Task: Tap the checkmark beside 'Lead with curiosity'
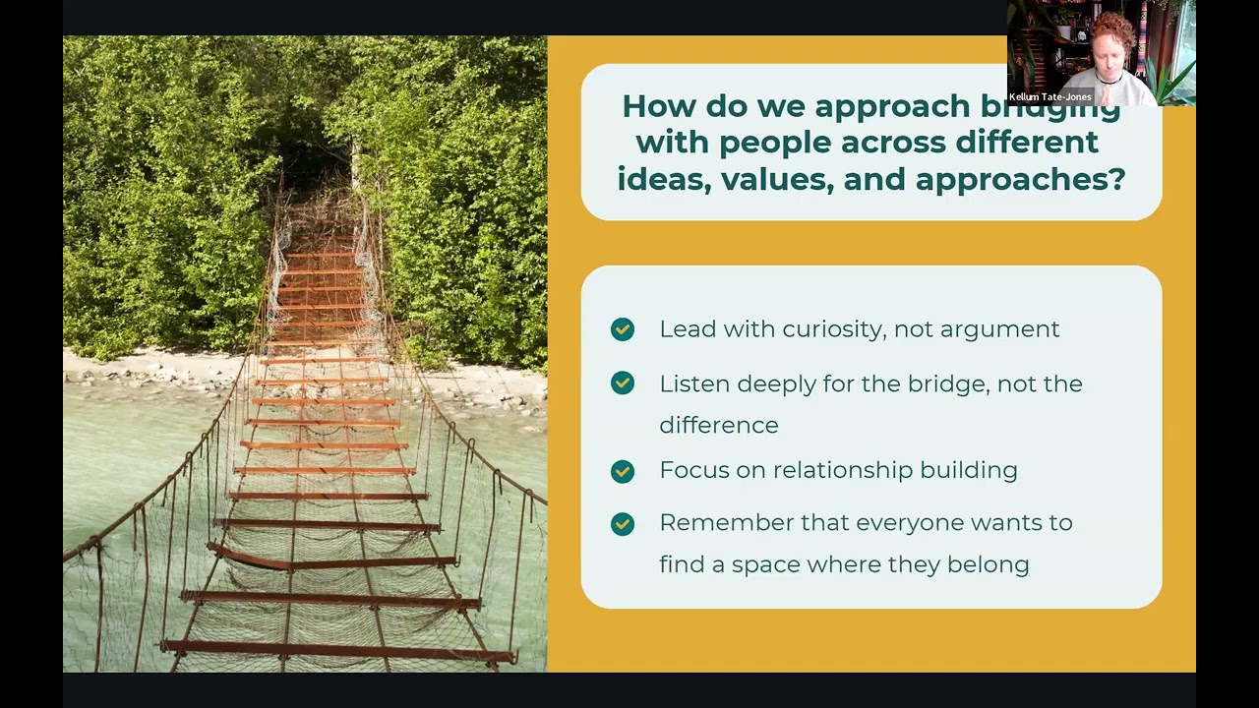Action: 623,329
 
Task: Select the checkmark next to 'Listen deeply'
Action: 623,383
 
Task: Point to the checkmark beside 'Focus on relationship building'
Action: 623,471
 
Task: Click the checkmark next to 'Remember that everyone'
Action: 623,523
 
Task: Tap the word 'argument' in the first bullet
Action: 999,329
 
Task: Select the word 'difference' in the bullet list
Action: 718,426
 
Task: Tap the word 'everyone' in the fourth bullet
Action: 910,522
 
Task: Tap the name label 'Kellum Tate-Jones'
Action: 1049,97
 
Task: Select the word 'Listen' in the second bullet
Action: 693,383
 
